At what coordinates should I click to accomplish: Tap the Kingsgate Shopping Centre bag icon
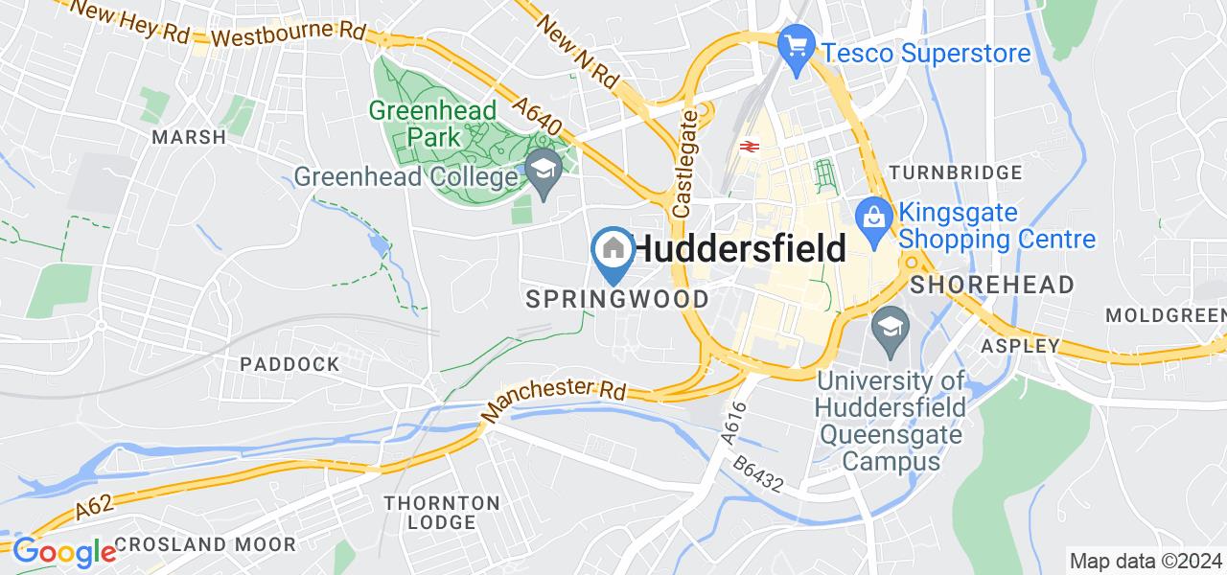coord(875,213)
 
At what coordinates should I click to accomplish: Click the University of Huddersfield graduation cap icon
coord(891,326)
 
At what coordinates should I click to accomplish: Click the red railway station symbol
coord(750,148)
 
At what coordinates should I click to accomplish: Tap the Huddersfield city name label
coord(741,249)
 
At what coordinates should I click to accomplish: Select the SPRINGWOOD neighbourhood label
coord(618,299)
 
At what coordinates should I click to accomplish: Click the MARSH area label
coord(189,137)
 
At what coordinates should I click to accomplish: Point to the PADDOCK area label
coord(289,364)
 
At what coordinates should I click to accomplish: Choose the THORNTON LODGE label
coord(442,513)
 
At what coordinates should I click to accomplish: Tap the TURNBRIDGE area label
coord(956,172)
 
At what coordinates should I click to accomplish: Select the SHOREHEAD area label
coord(992,285)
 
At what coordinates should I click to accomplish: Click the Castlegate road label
coord(685,162)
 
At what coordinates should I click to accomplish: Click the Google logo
coord(64,552)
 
